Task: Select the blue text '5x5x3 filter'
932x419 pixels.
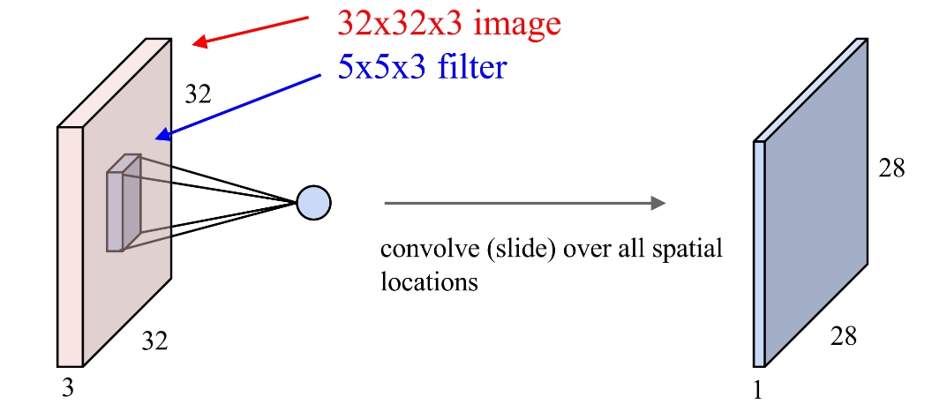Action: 423,66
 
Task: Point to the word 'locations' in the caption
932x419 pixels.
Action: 429,282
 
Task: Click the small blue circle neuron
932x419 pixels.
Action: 313,202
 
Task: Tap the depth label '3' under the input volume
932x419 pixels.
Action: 67,386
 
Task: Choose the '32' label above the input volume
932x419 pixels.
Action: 198,94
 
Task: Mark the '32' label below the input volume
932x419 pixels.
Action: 154,340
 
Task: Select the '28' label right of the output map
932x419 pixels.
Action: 891,168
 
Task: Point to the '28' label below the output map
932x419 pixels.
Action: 843,336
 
